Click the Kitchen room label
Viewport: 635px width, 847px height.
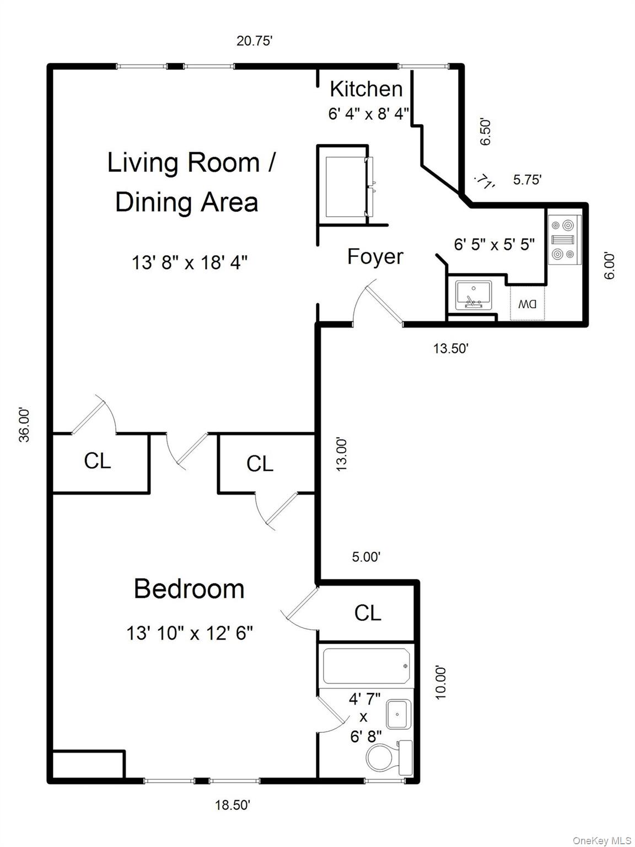[366, 89]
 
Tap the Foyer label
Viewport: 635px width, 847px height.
[375, 257]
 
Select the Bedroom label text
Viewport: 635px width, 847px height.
[189, 589]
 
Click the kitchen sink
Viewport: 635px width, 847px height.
[473, 295]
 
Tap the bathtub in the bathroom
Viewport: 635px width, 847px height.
[366, 666]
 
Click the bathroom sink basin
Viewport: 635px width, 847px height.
[397, 715]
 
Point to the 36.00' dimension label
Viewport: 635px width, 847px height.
[25, 425]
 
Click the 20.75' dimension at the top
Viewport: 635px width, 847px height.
[255, 41]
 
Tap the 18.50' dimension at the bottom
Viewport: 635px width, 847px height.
[233, 805]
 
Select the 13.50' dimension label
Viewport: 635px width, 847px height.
[450, 349]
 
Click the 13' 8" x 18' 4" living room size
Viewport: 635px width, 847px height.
[189, 262]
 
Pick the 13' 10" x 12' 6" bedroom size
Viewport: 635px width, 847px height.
[190, 633]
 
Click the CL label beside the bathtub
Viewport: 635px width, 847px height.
[368, 613]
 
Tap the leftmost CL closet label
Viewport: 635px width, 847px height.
[98, 461]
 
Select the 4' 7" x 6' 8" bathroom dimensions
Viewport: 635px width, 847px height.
[364, 717]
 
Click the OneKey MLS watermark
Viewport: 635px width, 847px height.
[602, 840]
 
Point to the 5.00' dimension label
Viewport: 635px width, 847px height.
[366, 557]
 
